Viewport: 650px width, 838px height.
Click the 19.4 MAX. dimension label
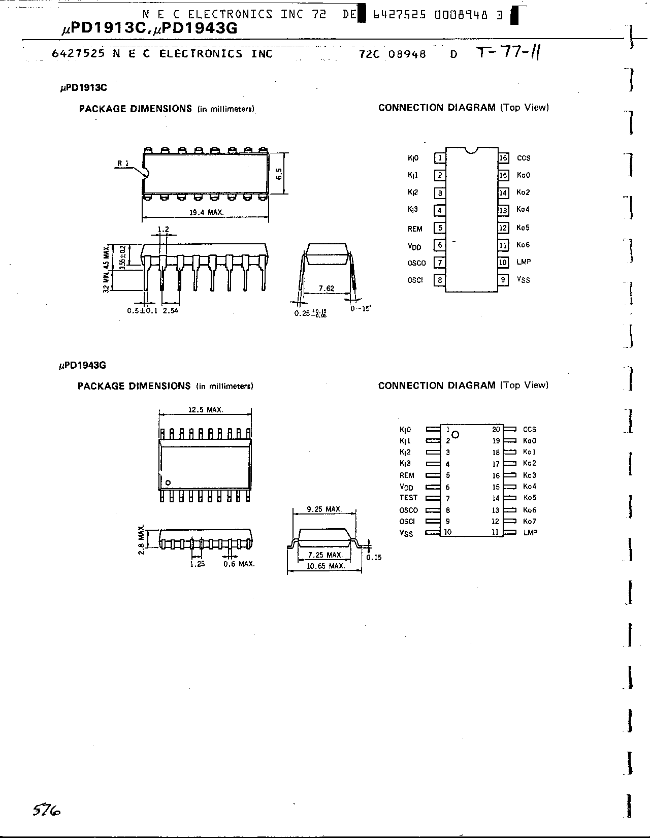(x=207, y=212)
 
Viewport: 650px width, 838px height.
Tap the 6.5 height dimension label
(x=279, y=174)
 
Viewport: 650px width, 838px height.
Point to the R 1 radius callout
(x=123, y=164)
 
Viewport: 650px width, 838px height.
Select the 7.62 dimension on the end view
(x=327, y=288)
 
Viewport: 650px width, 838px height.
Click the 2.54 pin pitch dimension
(x=171, y=311)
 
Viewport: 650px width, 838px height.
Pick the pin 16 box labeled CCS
(x=503, y=158)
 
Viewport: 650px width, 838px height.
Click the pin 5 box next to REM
(x=440, y=228)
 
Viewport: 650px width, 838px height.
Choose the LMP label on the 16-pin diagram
(x=524, y=262)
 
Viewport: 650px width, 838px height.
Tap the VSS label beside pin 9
(x=524, y=280)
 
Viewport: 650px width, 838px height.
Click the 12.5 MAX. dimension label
(x=206, y=410)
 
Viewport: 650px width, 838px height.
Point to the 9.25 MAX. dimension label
(x=324, y=509)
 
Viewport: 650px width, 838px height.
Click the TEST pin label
(x=408, y=498)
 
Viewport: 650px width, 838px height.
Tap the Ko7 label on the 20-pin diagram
(x=529, y=522)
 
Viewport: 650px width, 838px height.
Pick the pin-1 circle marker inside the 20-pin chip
(x=456, y=435)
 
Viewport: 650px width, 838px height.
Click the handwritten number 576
(x=47, y=810)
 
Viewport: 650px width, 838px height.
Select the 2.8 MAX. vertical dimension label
(x=142, y=539)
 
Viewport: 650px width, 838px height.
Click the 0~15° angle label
(x=361, y=308)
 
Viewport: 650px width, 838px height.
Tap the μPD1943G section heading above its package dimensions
(x=82, y=365)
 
